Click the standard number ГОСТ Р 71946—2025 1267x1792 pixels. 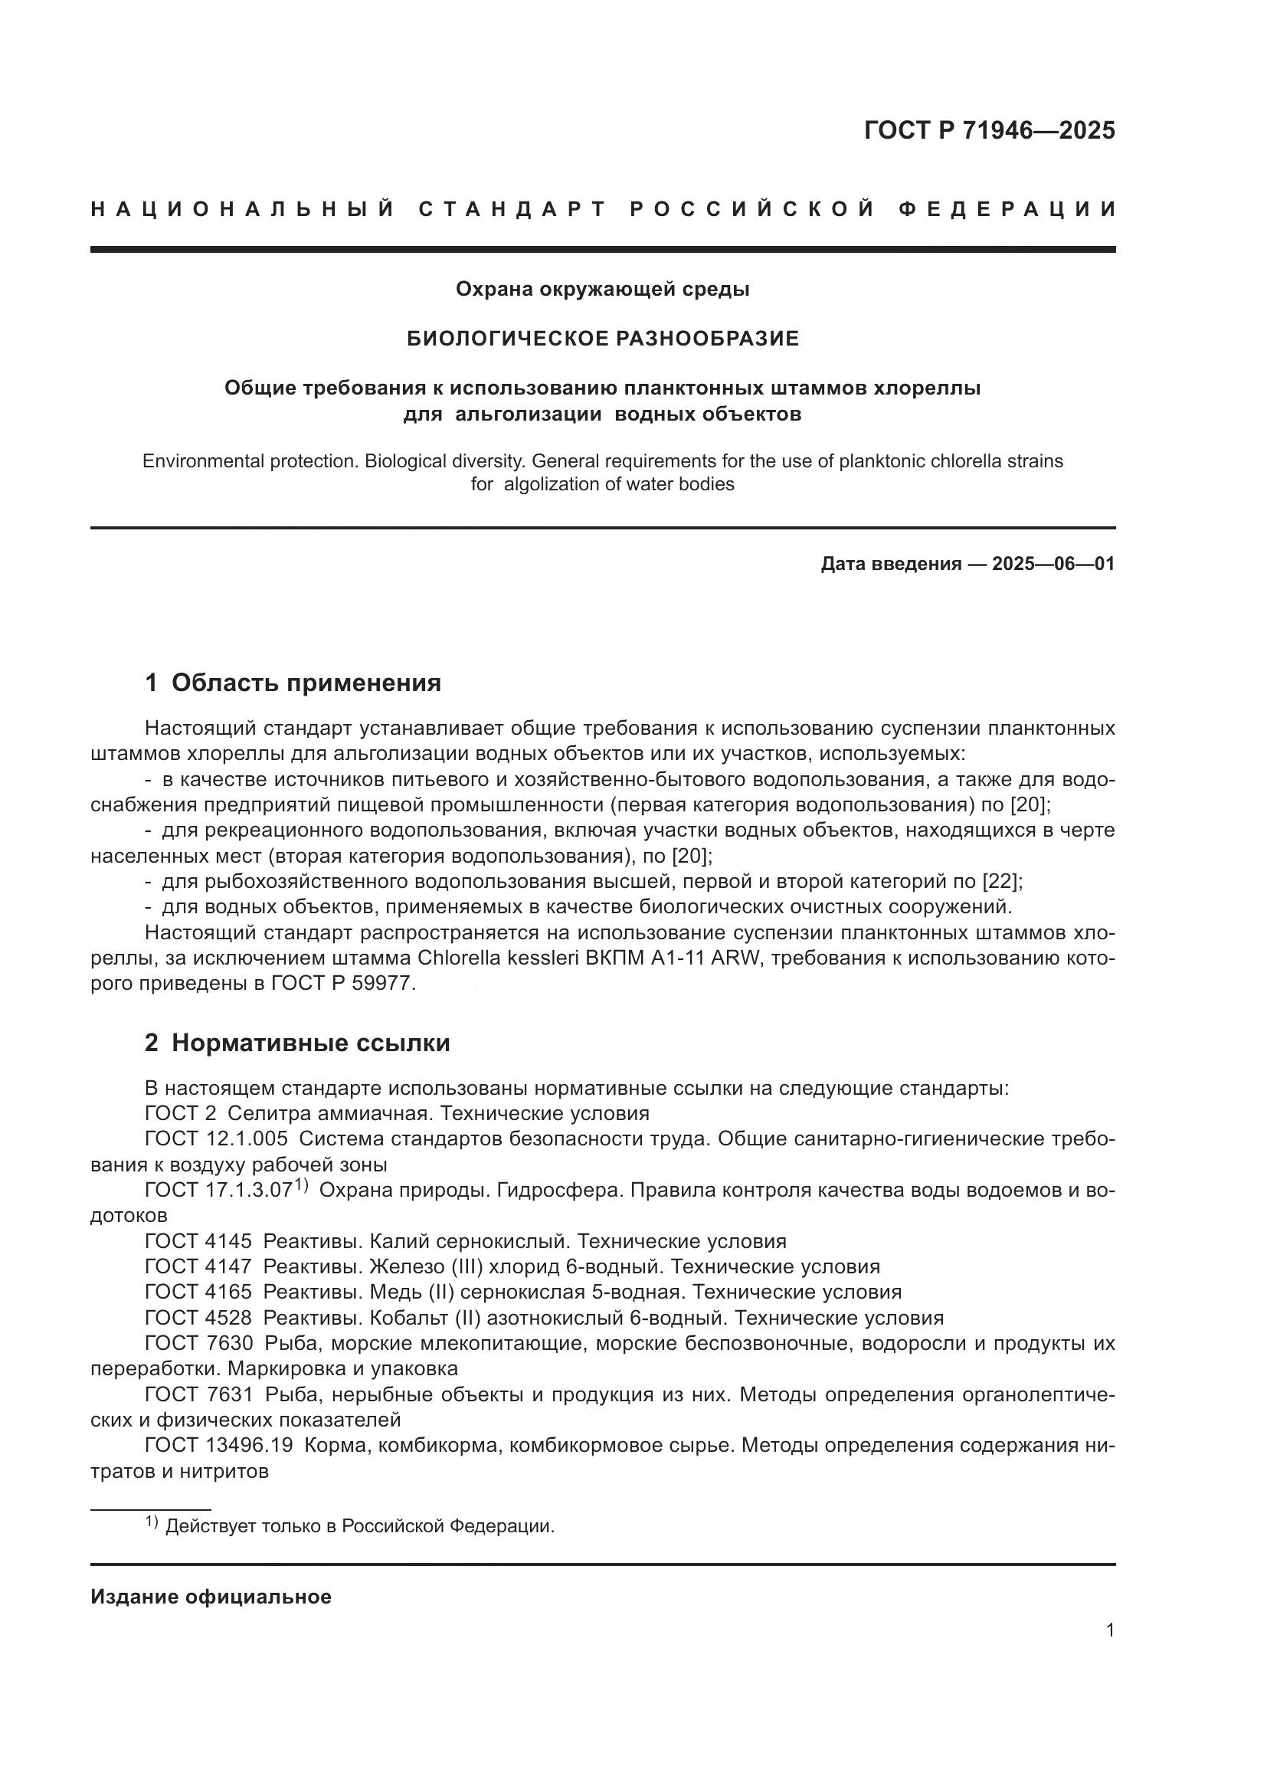pyautogui.click(x=989, y=130)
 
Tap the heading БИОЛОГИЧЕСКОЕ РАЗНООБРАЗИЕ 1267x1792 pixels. pyautogui.click(x=603, y=338)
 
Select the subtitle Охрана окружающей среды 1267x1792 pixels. pyautogui.click(x=603, y=290)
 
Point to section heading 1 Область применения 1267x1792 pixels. pyautogui.click(x=293, y=683)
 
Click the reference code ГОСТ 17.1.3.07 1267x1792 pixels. pyautogui.click(x=218, y=1191)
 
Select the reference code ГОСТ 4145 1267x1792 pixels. pyautogui.click(x=198, y=1241)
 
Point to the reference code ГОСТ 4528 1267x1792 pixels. pyautogui.click(x=198, y=1318)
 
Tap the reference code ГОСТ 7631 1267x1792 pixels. pyautogui.click(x=198, y=1394)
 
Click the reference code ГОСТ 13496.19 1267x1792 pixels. pyautogui.click(x=218, y=1445)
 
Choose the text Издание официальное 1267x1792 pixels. pyautogui.click(x=211, y=1597)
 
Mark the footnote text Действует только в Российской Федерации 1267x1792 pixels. pyautogui.click(x=360, y=1526)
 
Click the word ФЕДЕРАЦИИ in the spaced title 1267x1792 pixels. pyautogui.click(x=1007, y=209)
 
